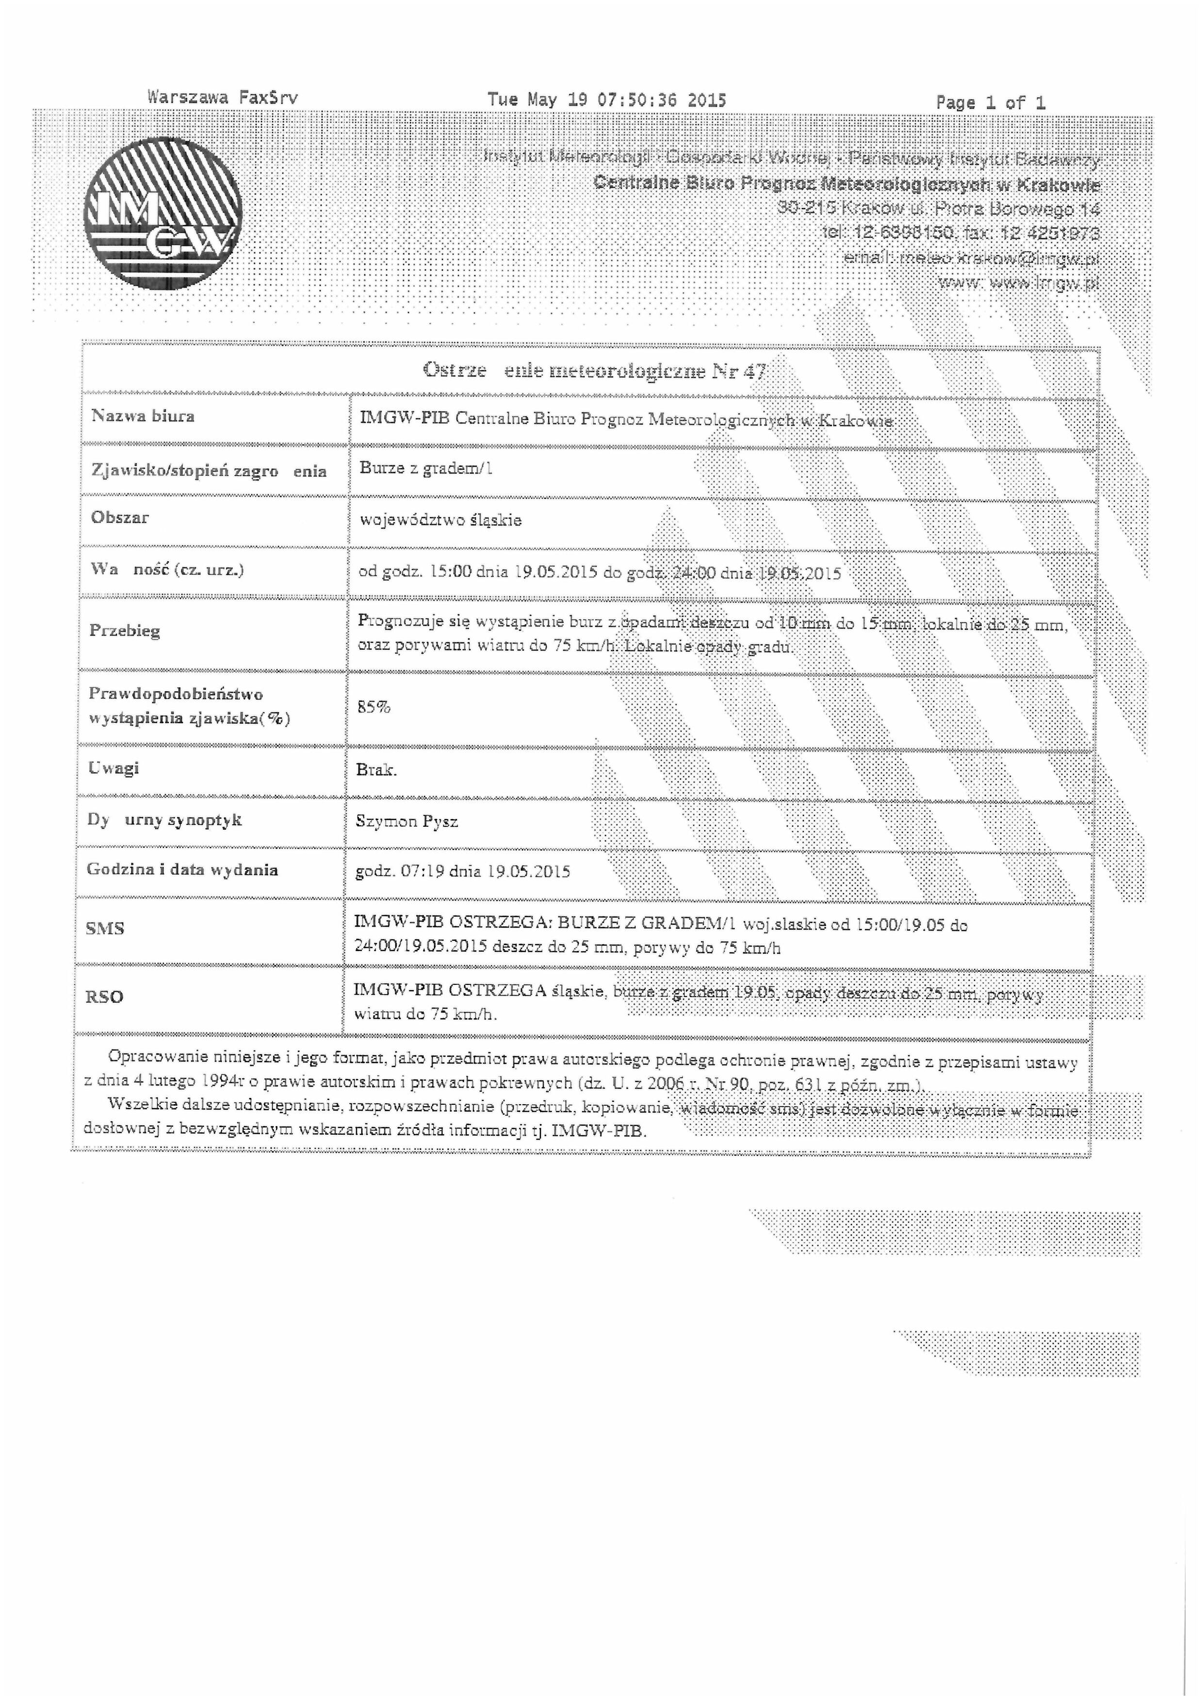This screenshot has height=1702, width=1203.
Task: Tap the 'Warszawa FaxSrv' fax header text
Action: (x=222, y=97)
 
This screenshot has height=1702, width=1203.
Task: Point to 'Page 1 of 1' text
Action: (x=990, y=103)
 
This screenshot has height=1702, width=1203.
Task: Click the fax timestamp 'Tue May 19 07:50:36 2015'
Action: (x=606, y=100)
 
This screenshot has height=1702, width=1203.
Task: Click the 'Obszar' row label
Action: (x=119, y=517)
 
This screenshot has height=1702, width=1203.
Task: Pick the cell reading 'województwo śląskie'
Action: (x=440, y=521)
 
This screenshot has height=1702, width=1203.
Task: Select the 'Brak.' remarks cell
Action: (x=376, y=770)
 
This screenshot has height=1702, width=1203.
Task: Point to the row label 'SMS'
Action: (x=104, y=928)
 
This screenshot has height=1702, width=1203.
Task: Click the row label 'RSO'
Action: (x=104, y=997)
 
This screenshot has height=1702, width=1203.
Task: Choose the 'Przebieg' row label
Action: (x=125, y=631)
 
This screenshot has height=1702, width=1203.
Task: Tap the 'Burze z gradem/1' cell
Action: (x=426, y=469)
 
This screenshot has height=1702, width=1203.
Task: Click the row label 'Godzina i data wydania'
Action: (x=181, y=869)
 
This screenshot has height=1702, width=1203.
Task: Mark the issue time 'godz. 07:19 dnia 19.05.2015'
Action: (x=462, y=872)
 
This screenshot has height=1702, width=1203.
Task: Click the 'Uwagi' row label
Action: (x=114, y=768)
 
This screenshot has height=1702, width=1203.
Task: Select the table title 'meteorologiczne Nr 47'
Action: (x=634, y=371)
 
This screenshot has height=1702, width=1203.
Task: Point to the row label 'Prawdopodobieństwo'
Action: (x=176, y=695)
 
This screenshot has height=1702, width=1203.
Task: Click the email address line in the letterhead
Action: (x=971, y=259)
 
